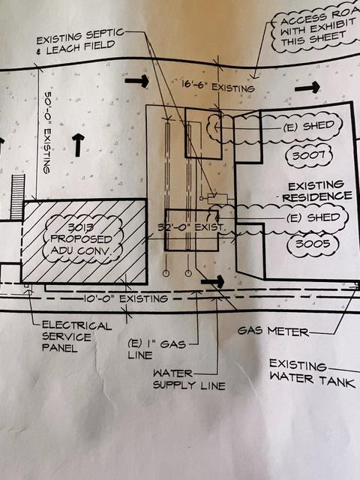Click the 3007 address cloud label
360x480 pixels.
(308, 155)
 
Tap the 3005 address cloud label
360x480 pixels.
(313, 244)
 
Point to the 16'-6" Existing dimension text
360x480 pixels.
(218, 86)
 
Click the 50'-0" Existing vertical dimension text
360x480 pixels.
(46, 133)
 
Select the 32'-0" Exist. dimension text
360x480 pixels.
(192, 227)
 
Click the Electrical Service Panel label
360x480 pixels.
(76, 337)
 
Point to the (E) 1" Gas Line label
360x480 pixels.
(157, 349)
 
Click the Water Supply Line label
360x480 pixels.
(189, 379)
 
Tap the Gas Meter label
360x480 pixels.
(273, 331)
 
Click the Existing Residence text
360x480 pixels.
(316, 191)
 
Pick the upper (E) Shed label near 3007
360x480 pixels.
(308, 126)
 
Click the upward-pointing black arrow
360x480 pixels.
(78, 145)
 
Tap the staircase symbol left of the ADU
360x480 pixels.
(17, 197)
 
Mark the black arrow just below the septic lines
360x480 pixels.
(213, 281)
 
